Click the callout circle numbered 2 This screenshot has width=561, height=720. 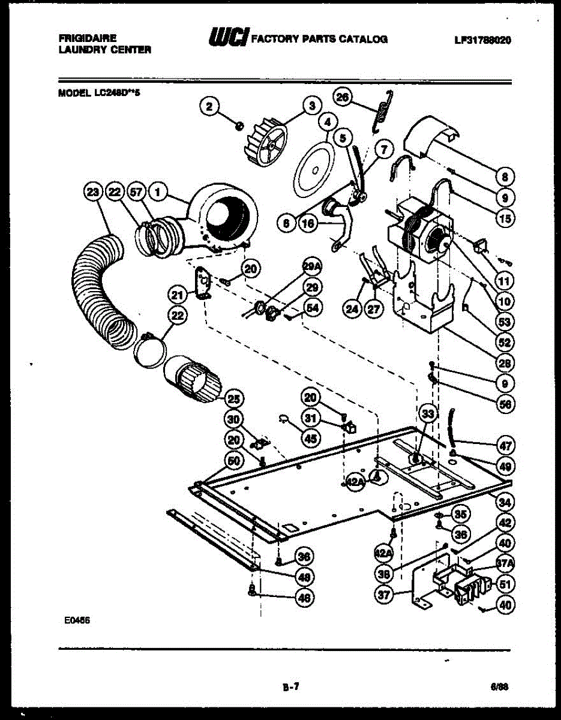click(209, 107)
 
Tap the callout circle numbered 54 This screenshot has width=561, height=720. click(312, 307)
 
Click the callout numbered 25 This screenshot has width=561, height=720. click(233, 398)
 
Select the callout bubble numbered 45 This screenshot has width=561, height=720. click(310, 439)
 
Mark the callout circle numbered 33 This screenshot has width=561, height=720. click(427, 413)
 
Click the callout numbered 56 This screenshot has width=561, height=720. click(505, 404)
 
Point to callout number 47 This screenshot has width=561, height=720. click(505, 445)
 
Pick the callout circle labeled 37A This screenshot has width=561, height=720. click(505, 563)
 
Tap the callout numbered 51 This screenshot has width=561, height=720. click(505, 584)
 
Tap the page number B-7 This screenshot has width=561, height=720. click(290, 688)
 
